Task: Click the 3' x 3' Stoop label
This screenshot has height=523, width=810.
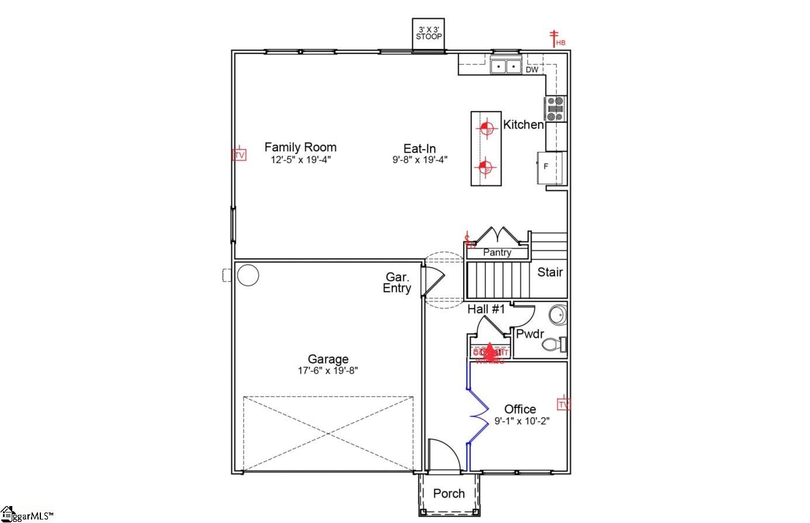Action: (x=429, y=33)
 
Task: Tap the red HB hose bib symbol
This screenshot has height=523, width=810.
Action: (x=555, y=39)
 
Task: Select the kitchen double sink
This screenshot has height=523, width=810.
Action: (x=505, y=67)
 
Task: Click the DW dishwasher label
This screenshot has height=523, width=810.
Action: (x=532, y=70)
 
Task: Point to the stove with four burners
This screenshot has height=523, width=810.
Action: (x=556, y=109)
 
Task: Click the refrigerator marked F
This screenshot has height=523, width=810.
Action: (x=550, y=167)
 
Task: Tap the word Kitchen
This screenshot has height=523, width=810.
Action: (x=523, y=124)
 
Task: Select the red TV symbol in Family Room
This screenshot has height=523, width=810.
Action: (x=239, y=155)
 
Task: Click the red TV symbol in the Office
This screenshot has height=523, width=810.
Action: (x=563, y=404)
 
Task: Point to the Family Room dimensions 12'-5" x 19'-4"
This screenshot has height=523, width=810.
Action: (x=301, y=160)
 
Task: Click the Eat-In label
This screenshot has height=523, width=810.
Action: (x=419, y=148)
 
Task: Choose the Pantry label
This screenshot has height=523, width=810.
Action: (x=497, y=252)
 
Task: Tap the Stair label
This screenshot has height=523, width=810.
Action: (x=550, y=272)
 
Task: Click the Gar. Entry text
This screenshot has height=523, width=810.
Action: (x=397, y=282)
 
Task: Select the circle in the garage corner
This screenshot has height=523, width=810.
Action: (x=247, y=275)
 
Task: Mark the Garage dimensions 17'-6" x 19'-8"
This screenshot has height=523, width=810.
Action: (x=328, y=370)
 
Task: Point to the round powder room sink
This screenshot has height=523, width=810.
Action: (x=558, y=314)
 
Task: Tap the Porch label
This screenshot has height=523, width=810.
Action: (x=449, y=494)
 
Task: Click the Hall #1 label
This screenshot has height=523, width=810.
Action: (x=485, y=310)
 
